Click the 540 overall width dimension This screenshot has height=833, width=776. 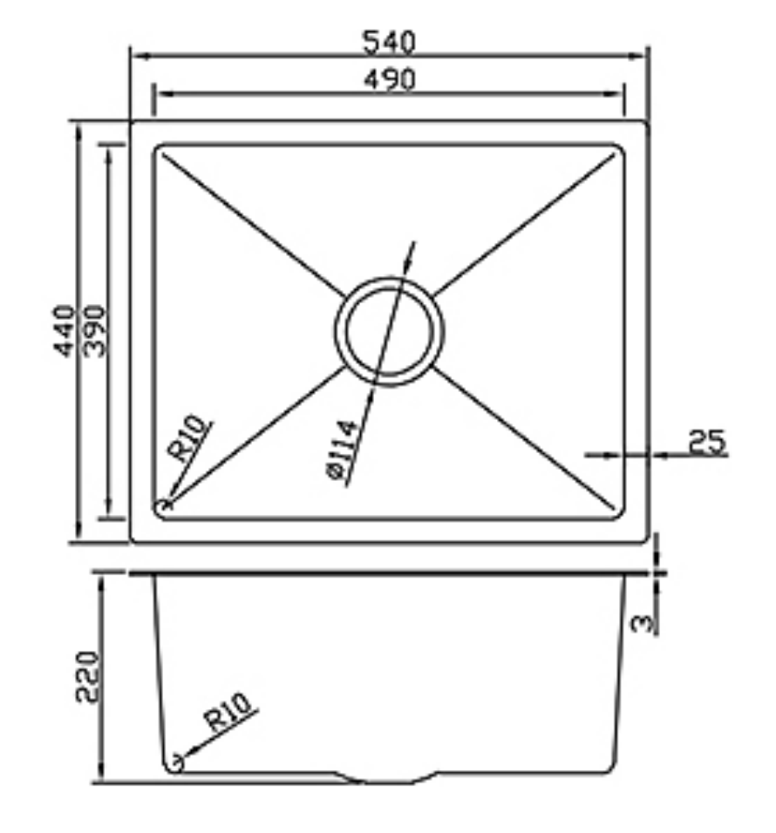click(x=389, y=41)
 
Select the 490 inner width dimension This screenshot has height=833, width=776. click(x=389, y=79)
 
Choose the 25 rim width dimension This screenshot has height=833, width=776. click(x=706, y=442)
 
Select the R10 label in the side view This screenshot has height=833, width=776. click(x=228, y=711)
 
